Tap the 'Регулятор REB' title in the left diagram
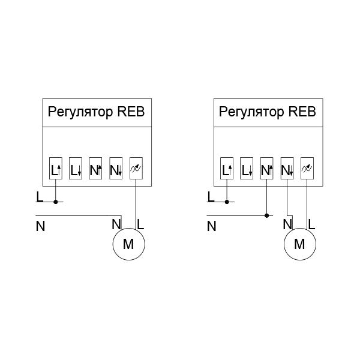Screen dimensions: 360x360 coord(96,112)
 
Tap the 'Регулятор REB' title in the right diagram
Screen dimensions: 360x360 coord(267,112)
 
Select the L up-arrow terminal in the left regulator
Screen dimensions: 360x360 coord(55,170)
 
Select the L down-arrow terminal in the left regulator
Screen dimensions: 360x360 coord(76,170)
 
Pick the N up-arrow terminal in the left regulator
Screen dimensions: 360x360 coord(95,170)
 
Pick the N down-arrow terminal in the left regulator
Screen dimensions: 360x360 coord(116,170)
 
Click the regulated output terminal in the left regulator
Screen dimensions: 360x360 coord(136,170)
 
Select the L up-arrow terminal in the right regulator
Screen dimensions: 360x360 coord(226,170)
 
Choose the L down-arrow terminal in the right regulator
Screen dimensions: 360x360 coord(247,170)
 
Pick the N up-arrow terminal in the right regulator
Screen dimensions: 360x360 coord(266,170)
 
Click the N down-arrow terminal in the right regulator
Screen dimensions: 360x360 coord(287,170)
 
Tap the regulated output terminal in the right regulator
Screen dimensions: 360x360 coord(307,170)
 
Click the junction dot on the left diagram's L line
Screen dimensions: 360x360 coord(55,202)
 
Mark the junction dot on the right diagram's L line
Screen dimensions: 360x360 coord(226,202)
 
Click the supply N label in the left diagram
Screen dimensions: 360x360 coord(40,226)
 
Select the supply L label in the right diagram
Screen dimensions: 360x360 coord(211,196)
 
